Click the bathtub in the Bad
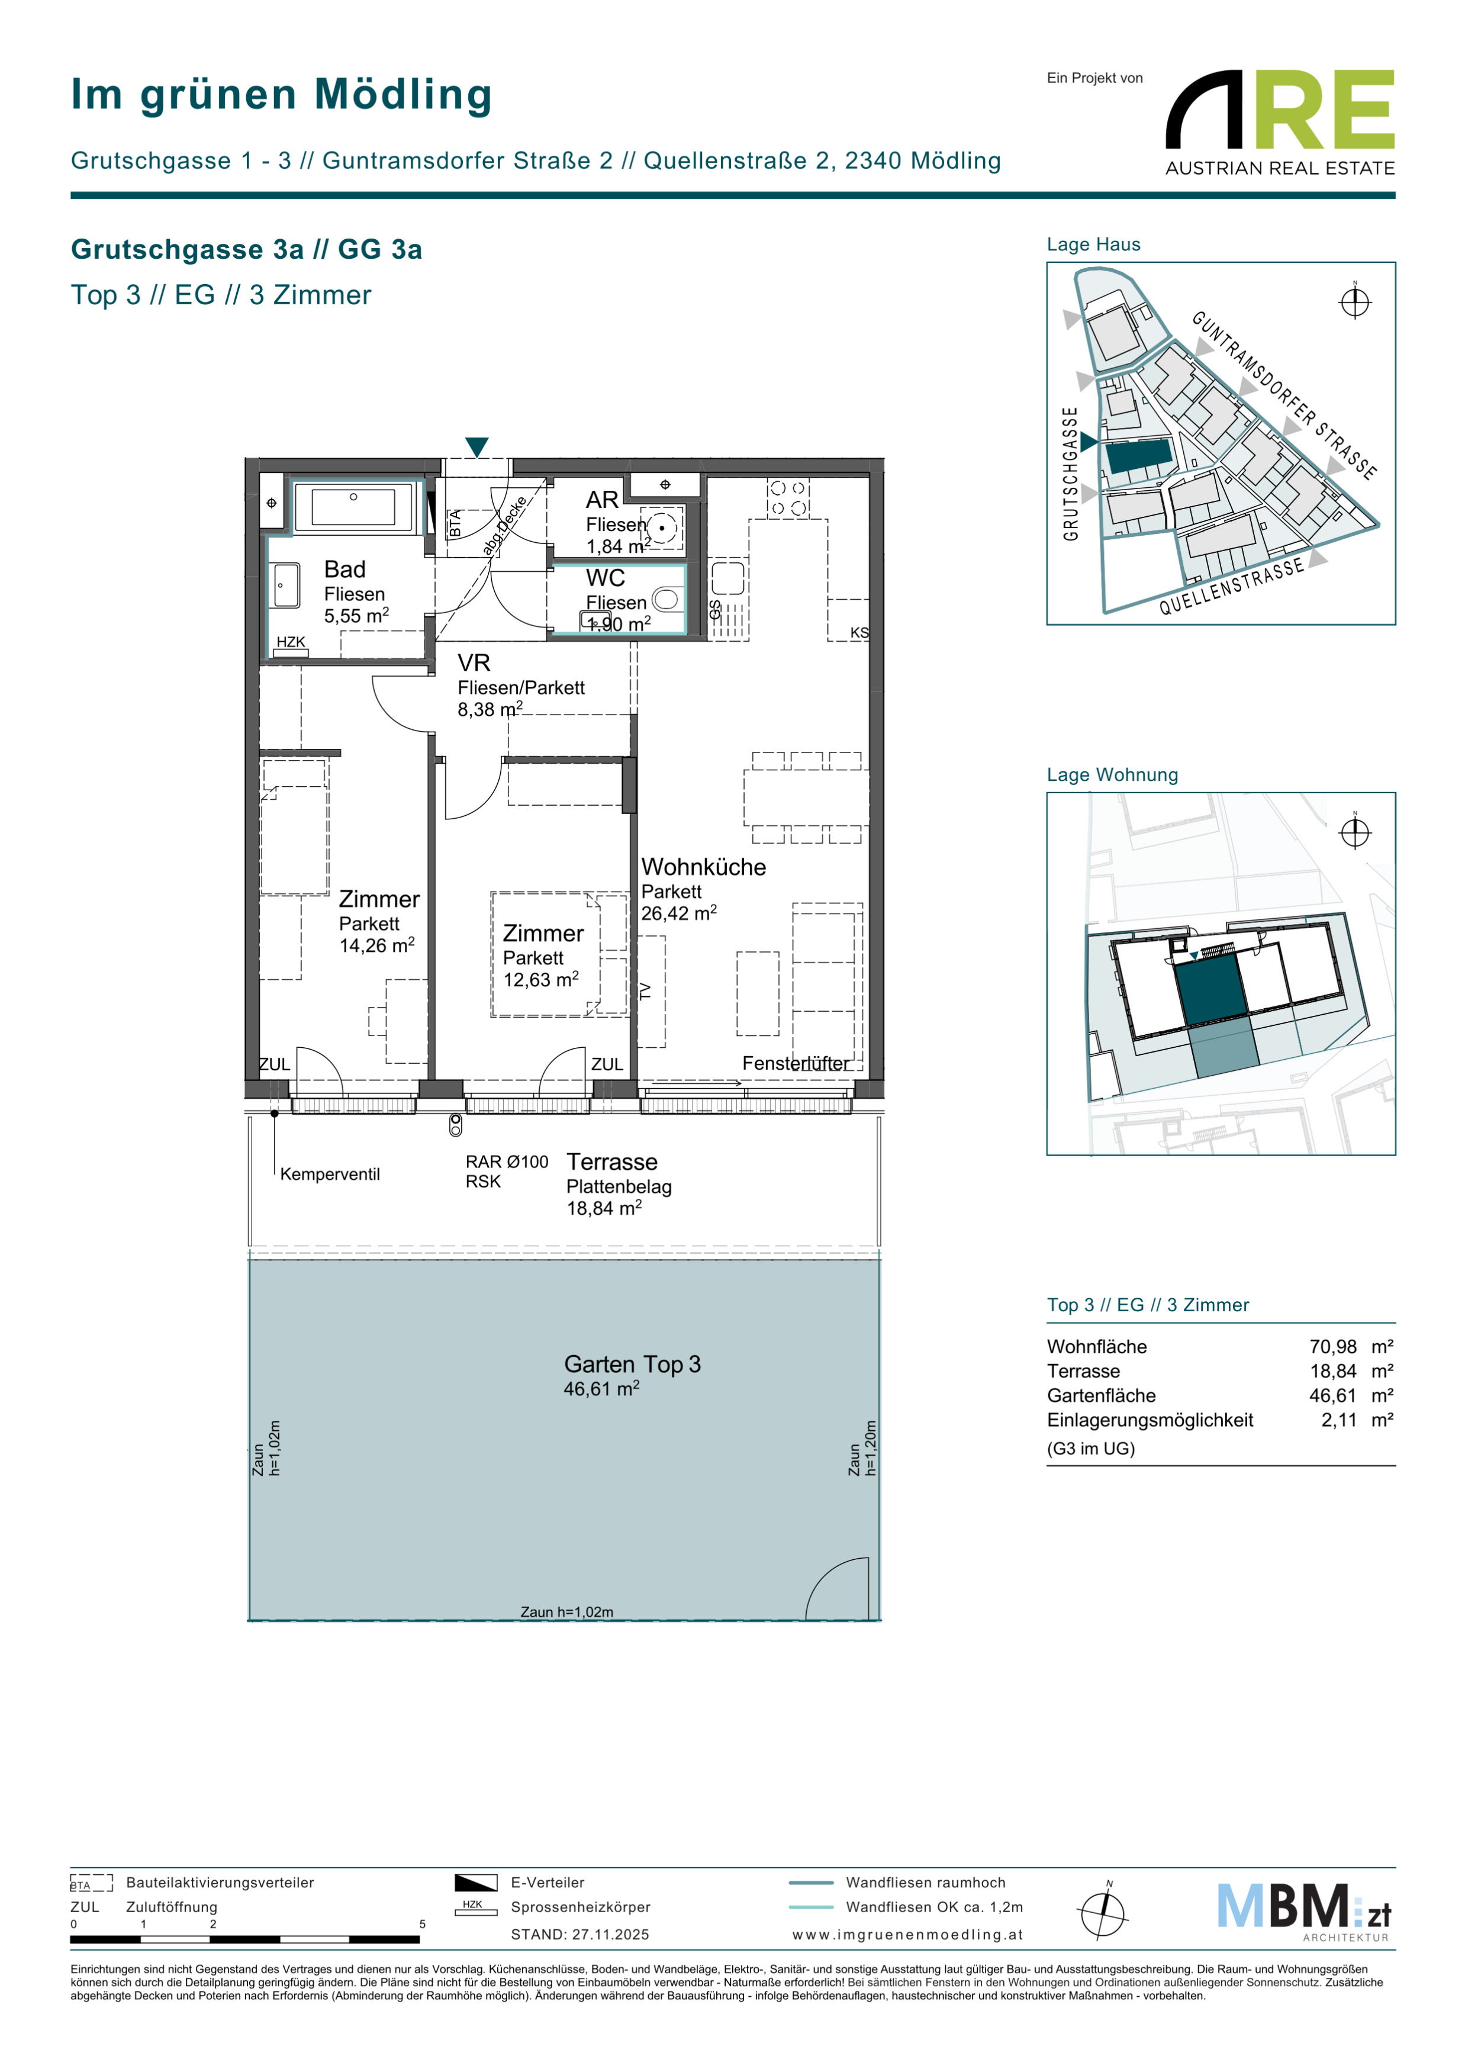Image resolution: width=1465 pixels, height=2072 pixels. (353, 507)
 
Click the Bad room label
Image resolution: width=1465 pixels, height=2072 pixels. (344, 570)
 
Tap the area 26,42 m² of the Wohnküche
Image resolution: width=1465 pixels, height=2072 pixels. (678, 913)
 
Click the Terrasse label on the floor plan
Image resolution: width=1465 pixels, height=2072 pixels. (611, 1162)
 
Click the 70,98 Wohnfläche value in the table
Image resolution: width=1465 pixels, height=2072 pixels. (1332, 1346)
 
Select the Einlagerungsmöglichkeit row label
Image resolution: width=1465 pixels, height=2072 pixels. (1150, 1420)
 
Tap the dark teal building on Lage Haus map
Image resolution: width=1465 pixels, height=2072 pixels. (1139, 456)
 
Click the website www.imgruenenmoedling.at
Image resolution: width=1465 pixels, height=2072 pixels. (907, 1934)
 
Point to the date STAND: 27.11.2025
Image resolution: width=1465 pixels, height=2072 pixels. (580, 1934)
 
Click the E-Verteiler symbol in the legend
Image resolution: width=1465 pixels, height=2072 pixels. (475, 1883)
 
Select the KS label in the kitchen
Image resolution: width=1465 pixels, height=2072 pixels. (859, 633)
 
